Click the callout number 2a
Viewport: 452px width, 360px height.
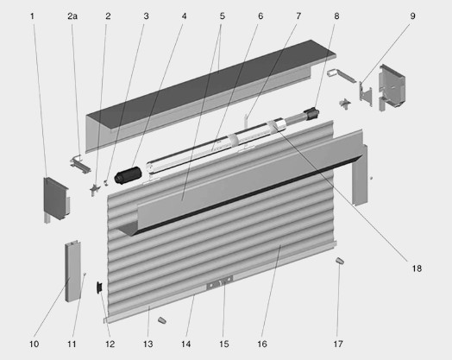click(72, 16)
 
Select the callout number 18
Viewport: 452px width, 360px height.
click(417, 268)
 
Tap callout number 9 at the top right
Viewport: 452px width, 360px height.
click(413, 16)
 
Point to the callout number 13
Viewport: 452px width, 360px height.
click(148, 344)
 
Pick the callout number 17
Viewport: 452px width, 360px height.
click(338, 344)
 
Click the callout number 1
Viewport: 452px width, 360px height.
click(32, 16)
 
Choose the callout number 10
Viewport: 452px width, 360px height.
click(34, 344)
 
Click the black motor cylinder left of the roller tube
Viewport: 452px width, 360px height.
click(128, 175)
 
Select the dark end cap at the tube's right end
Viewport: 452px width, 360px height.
click(311, 113)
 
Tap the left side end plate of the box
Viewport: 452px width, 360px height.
click(56, 199)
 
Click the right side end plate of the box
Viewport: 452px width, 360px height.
click(392, 88)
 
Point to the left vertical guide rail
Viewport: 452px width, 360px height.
click(72, 271)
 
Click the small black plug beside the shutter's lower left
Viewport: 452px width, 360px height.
click(99, 287)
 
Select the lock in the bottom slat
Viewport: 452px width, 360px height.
click(220, 283)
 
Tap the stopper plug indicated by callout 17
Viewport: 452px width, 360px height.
click(340, 261)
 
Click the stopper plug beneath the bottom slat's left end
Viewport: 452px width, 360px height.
click(162, 319)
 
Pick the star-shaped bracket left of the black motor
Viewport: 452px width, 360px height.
click(94, 189)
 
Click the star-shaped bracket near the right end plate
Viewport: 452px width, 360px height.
click(345, 104)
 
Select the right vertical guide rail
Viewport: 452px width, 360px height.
click(361, 175)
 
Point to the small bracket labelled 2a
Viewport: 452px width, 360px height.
click(80, 164)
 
